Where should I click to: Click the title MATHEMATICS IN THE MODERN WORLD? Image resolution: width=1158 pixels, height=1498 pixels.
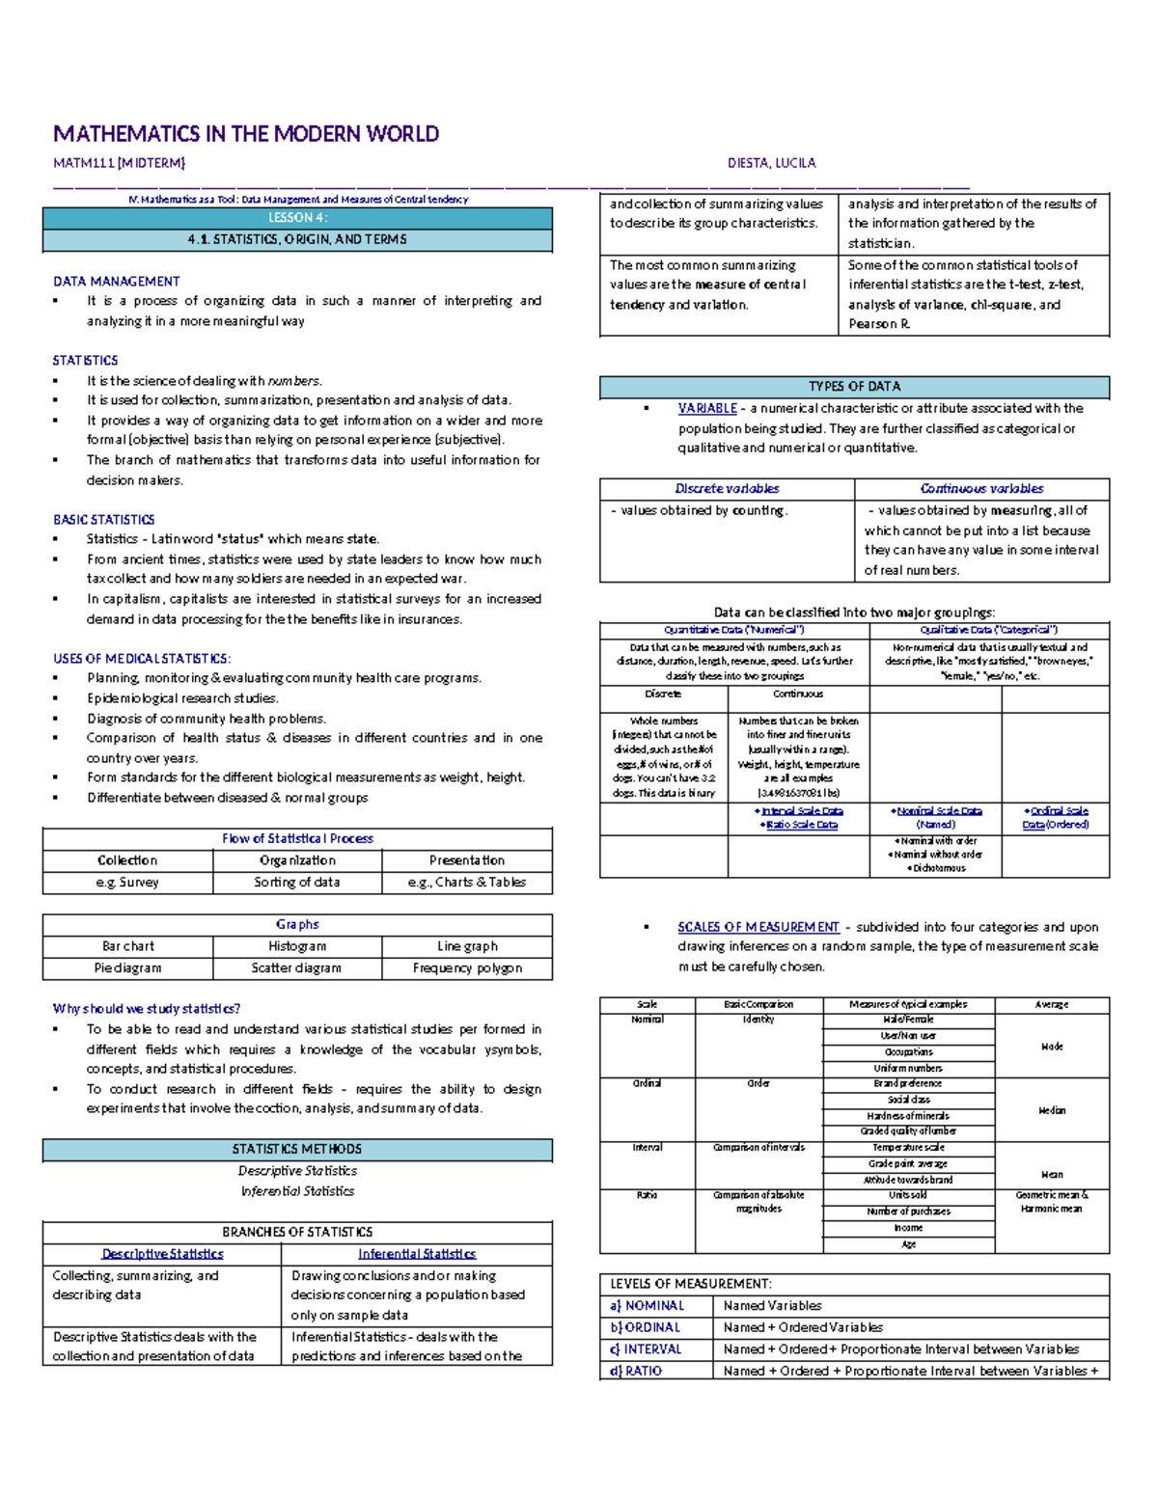pyautogui.click(x=246, y=134)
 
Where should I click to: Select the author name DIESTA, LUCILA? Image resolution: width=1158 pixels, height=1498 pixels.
pyautogui.click(x=771, y=163)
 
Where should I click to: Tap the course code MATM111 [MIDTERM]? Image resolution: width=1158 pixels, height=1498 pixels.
pyautogui.click(x=119, y=163)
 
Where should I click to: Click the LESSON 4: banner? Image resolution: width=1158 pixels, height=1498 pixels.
pyautogui.click(x=297, y=218)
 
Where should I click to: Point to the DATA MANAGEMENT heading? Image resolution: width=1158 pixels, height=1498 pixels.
pyautogui.click(x=116, y=282)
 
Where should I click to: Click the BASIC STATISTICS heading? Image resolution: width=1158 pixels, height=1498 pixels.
pyautogui.click(x=103, y=520)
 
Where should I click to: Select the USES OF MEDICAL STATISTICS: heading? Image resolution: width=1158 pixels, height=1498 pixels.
pyautogui.click(x=141, y=659)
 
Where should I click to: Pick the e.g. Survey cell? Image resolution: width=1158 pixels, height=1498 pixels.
pyautogui.click(x=127, y=883)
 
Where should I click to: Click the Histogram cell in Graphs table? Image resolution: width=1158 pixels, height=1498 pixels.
pyautogui.click(x=297, y=946)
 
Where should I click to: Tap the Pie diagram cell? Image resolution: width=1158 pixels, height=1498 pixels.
pyautogui.click(x=127, y=968)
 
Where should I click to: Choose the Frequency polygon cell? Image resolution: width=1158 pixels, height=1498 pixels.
pyautogui.click(x=467, y=968)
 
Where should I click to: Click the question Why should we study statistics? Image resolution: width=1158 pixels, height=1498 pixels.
pyautogui.click(x=146, y=1009)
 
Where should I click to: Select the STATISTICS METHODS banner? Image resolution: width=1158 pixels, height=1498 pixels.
pyautogui.click(x=297, y=1150)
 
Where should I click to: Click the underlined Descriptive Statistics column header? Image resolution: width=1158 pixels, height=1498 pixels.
pyautogui.click(x=162, y=1254)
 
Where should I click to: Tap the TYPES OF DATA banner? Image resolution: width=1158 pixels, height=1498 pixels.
pyautogui.click(x=854, y=387)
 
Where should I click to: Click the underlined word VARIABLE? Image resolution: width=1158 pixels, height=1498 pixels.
pyautogui.click(x=706, y=409)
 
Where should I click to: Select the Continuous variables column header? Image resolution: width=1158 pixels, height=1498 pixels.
pyautogui.click(x=981, y=489)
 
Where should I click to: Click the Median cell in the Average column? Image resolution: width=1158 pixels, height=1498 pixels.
pyautogui.click(x=1052, y=1110)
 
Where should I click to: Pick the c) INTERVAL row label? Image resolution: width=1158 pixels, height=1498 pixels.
pyautogui.click(x=646, y=1349)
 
